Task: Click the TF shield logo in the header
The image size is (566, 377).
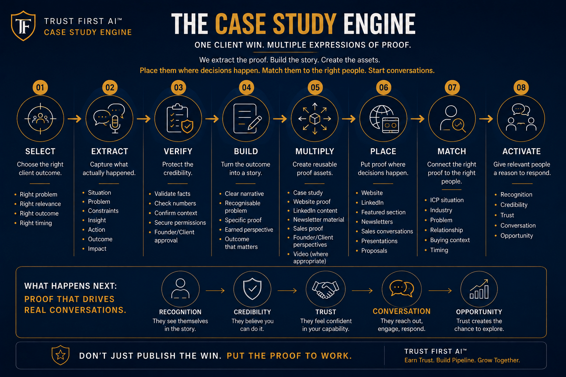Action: pyautogui.click(x=23, y=25)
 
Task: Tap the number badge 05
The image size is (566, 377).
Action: pyautogui.click(x=315, y=87)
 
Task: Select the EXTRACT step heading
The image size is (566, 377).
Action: pyautogui.click(x=109, y=151)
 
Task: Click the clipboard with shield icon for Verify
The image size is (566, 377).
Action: pyautogui.click(x=180, y=119)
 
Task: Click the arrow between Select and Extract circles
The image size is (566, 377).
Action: pyautogui.click(x=74, y=119)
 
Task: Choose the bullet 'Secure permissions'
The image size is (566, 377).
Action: pyautogui.click(x=180, y=222)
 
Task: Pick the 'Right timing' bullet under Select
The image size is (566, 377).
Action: pyautogui.click(x=36, y=223)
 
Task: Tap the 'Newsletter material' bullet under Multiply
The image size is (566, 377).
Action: pyautogui.click(x=319, y=219)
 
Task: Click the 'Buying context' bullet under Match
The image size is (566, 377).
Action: pyautogui.click(x=450, y=240)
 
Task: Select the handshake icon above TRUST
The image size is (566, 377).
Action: pyautogui.click(x=325, y=289)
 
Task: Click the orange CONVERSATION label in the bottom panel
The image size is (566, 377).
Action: pyautogui.click(x=402, y=311)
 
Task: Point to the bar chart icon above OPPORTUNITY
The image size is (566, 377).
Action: pyautogui.click(x=479, y=289)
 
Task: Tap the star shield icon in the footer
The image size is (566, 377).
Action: pyautogui.click(x=60, y=355)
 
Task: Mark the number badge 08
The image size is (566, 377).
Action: pyautogui.click(x=521, y=87)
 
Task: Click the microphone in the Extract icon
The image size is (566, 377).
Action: pyautogui.click(x=115, y=124)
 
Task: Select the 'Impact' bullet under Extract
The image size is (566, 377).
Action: pyautogui.click(x=97, y=249)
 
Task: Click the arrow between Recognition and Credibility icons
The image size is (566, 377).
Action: pyautogui.click(x=215, y=290)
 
